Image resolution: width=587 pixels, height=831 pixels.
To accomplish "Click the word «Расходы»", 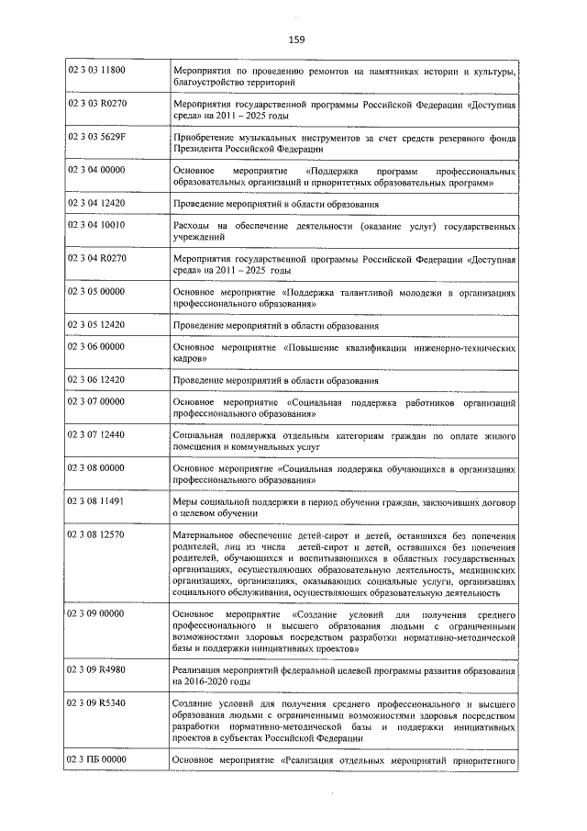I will coord(194,225).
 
